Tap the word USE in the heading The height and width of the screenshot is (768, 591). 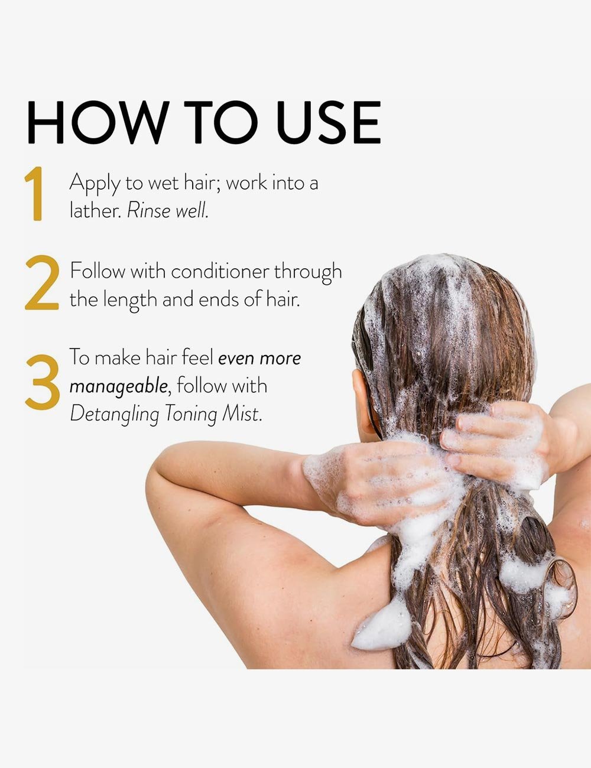[x=329, y=122]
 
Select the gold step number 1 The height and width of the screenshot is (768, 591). [x=34, y=194]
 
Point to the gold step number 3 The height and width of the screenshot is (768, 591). [x=43, y=382]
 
